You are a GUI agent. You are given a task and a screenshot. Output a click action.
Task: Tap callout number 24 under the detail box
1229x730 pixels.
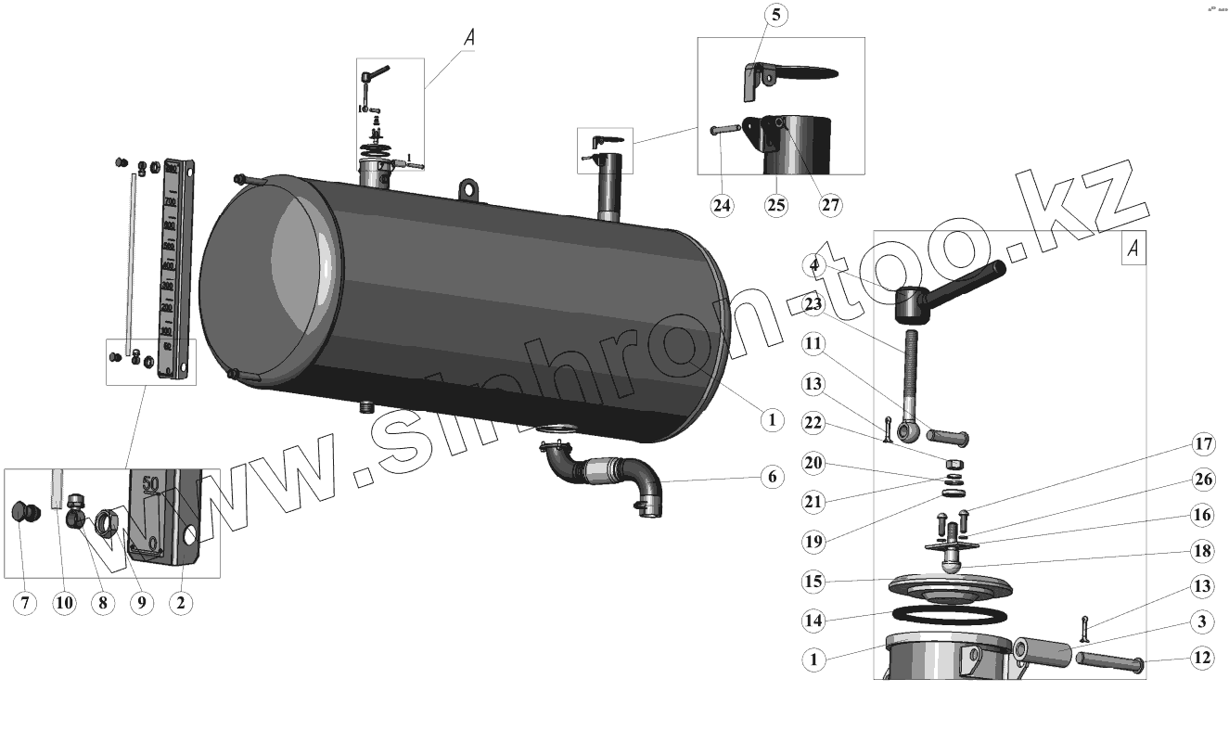coord(722,206)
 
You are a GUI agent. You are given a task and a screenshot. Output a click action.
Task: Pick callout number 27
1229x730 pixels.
coord(830,206)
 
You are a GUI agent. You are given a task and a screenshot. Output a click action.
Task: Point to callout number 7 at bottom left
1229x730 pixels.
coord(25,603)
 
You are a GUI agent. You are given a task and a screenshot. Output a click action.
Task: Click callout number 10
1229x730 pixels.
coord(63,603)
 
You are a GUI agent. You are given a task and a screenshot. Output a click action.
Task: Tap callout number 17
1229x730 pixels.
coord(1203,445)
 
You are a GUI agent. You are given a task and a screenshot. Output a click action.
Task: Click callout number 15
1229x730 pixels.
coord(813,582)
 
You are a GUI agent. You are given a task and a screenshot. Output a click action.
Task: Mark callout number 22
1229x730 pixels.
coord(813,422)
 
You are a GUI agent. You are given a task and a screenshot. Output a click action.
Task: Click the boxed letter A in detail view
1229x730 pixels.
coord(1133,249)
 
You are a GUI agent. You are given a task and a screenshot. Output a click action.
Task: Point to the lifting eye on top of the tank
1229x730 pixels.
coord(470,190)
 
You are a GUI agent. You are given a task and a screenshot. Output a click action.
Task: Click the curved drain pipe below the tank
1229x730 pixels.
coord(603,473)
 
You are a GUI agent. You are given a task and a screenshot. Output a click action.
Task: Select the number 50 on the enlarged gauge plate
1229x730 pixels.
coord(152,483)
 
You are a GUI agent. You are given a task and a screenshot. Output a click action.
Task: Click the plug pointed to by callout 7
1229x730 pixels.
coord(25,513)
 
